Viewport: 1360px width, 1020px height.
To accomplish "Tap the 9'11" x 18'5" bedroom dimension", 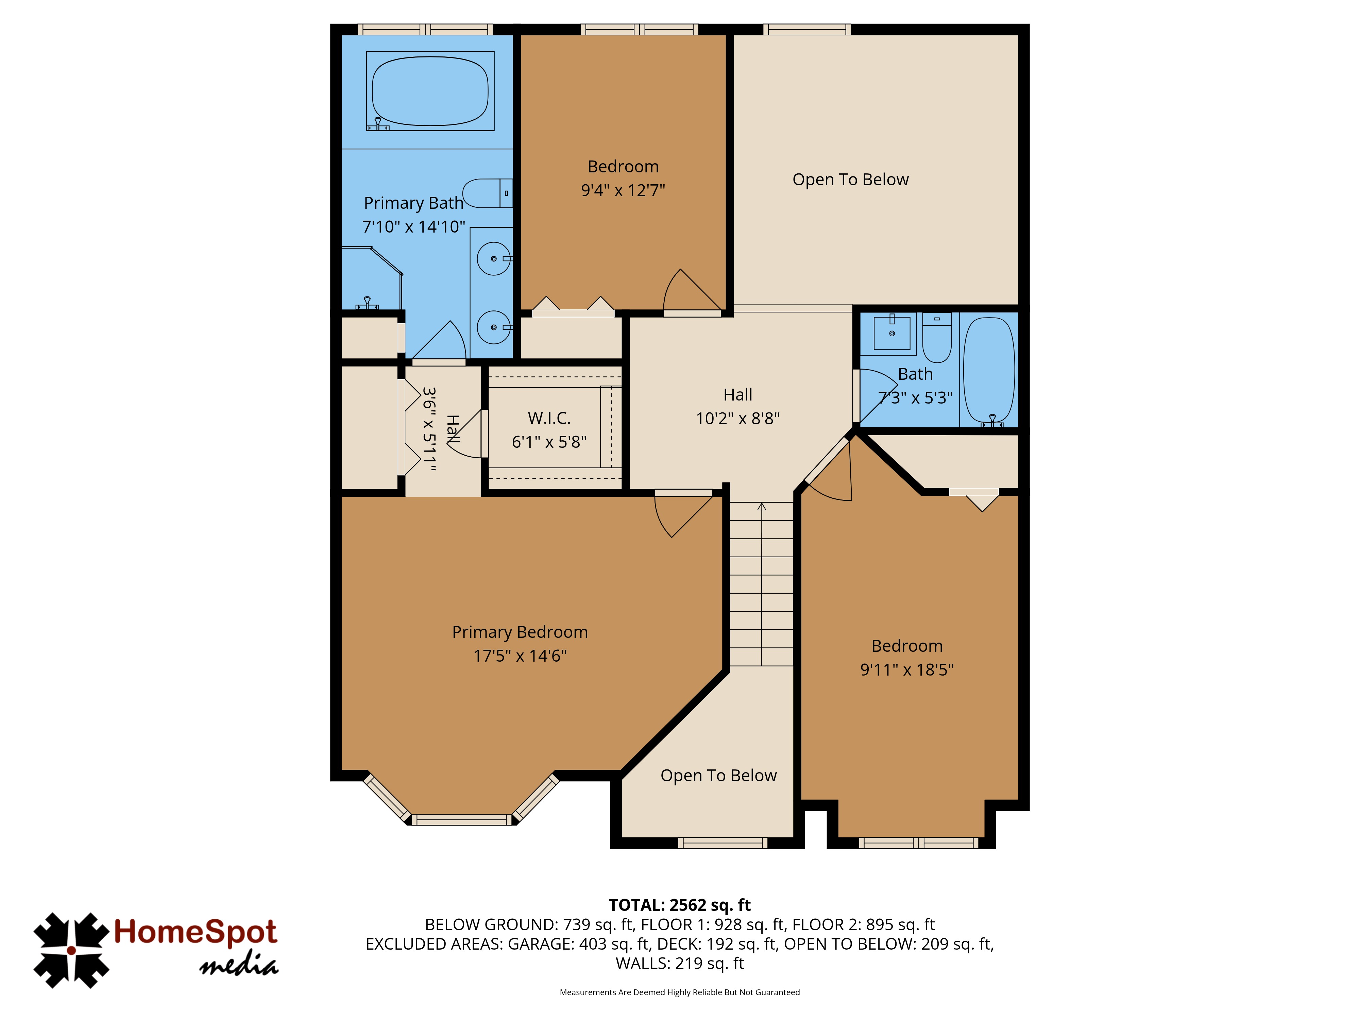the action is point(907,669).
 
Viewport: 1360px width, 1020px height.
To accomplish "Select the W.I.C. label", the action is point(549,418).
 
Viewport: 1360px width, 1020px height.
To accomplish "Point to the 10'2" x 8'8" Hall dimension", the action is point(738,419).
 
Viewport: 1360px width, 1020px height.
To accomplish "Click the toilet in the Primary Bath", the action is point(488,193).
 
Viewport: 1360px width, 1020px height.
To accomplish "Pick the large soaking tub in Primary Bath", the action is point(430,91).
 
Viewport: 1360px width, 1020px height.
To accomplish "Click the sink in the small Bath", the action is point(892,333).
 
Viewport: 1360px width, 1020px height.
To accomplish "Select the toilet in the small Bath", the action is point(937,338).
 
